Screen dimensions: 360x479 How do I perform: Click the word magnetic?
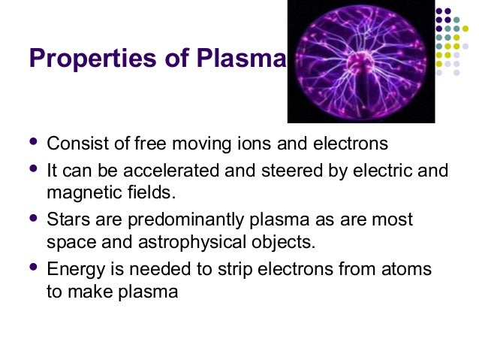tap(80, 192)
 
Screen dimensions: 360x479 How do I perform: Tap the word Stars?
tap(66, 220)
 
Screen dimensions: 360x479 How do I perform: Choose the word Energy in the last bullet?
tap(73, 270)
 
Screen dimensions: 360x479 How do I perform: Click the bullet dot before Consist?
tap(32, 141)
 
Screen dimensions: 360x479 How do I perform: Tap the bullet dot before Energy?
tap(32, 267)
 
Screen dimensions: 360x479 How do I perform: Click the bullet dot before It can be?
tap(32, 168)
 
